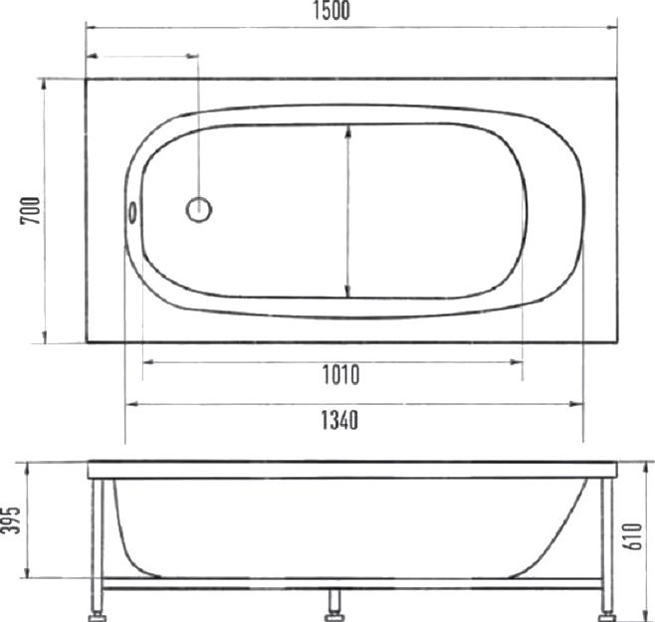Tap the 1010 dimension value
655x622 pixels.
point(339,375)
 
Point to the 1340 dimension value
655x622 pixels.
point(339,419)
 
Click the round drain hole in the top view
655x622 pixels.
point(199,209)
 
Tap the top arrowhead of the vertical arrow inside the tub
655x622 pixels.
point(346,129)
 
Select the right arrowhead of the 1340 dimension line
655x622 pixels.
point(577,404)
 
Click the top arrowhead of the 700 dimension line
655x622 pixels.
point(45,85)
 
